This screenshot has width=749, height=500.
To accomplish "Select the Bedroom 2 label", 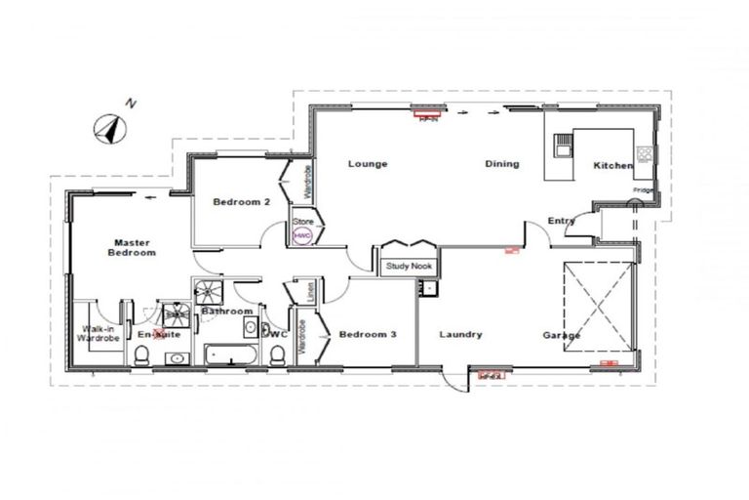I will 241,202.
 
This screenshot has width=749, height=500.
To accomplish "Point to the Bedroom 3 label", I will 368,334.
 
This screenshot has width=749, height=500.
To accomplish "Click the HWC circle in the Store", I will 301,236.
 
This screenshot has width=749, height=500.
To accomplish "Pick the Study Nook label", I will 407,266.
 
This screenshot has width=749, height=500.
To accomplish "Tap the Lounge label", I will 368,164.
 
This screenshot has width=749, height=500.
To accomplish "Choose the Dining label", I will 502,164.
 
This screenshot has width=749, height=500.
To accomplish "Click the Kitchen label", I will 613,166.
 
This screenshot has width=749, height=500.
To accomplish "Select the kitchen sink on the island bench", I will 562,146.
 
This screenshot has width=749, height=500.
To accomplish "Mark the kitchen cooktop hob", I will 644,153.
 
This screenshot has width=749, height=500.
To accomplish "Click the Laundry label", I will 460,334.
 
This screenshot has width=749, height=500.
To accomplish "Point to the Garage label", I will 562,335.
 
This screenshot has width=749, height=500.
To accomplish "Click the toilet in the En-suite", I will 142,357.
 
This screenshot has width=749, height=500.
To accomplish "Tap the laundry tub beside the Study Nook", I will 426,288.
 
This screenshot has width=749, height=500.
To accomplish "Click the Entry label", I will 561,221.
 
